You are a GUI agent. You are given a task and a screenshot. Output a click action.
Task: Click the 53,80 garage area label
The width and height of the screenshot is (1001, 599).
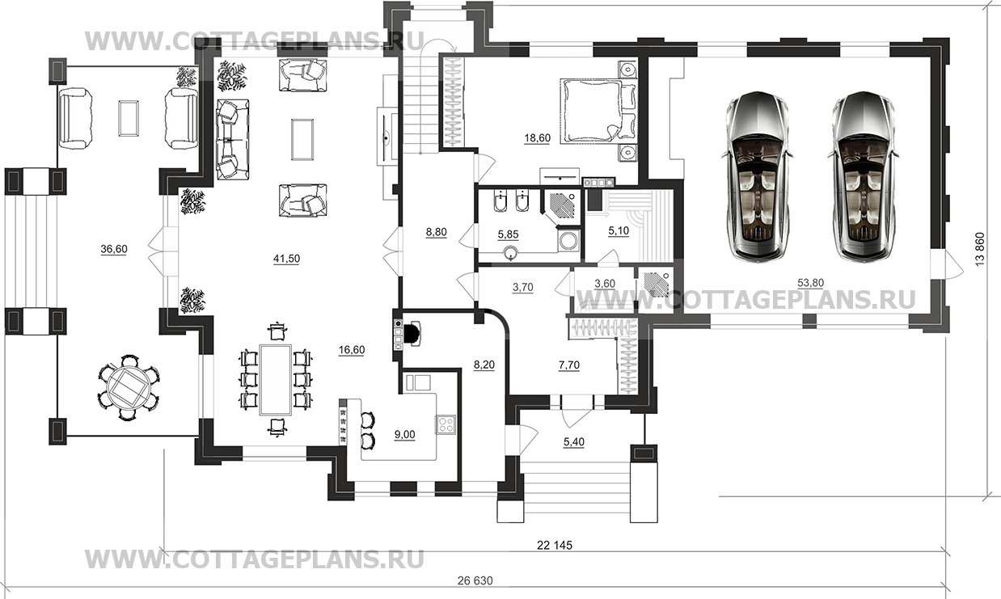coord(811,283)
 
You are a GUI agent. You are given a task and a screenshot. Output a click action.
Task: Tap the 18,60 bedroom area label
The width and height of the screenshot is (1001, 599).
coord(537,138)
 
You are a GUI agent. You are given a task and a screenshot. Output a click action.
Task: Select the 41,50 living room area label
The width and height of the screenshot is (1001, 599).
coord(286,259)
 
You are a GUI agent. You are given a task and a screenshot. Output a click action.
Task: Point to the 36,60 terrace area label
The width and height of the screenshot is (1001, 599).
coord(114,249)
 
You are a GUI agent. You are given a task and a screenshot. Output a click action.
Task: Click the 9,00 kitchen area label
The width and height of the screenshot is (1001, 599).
coord(405,434)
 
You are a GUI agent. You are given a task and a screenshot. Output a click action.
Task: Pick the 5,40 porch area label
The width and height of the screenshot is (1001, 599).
coord(574,442)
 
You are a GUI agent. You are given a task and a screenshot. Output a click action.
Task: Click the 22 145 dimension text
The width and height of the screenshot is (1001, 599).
coord(555,545)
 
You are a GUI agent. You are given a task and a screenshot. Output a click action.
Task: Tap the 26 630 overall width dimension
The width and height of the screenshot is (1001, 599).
coord(475,580)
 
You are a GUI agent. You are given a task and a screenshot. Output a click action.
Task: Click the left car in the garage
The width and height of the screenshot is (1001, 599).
coord(756,176)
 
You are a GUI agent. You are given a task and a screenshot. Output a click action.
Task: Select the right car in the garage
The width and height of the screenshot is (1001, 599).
coord(863,176)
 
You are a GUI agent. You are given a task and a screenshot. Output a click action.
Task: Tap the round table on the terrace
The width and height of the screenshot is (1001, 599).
coord(129,387)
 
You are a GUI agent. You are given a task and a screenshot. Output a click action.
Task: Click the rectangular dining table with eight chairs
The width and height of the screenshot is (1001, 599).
coord(277,380)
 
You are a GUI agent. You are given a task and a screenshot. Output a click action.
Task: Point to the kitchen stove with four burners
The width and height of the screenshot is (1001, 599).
coord(446,424)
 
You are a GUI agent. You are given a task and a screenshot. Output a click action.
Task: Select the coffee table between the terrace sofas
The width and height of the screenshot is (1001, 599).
coord(129,118)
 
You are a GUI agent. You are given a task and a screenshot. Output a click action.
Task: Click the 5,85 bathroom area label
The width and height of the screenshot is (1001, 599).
coord(508,234)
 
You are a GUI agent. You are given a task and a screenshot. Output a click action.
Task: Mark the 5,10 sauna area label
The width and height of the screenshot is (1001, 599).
coord(619,231)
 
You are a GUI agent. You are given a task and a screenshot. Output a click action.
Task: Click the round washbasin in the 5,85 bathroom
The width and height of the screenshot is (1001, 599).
coord(510,254)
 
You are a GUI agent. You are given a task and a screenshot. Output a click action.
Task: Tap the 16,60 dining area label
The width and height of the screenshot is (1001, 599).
coord(352,350)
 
